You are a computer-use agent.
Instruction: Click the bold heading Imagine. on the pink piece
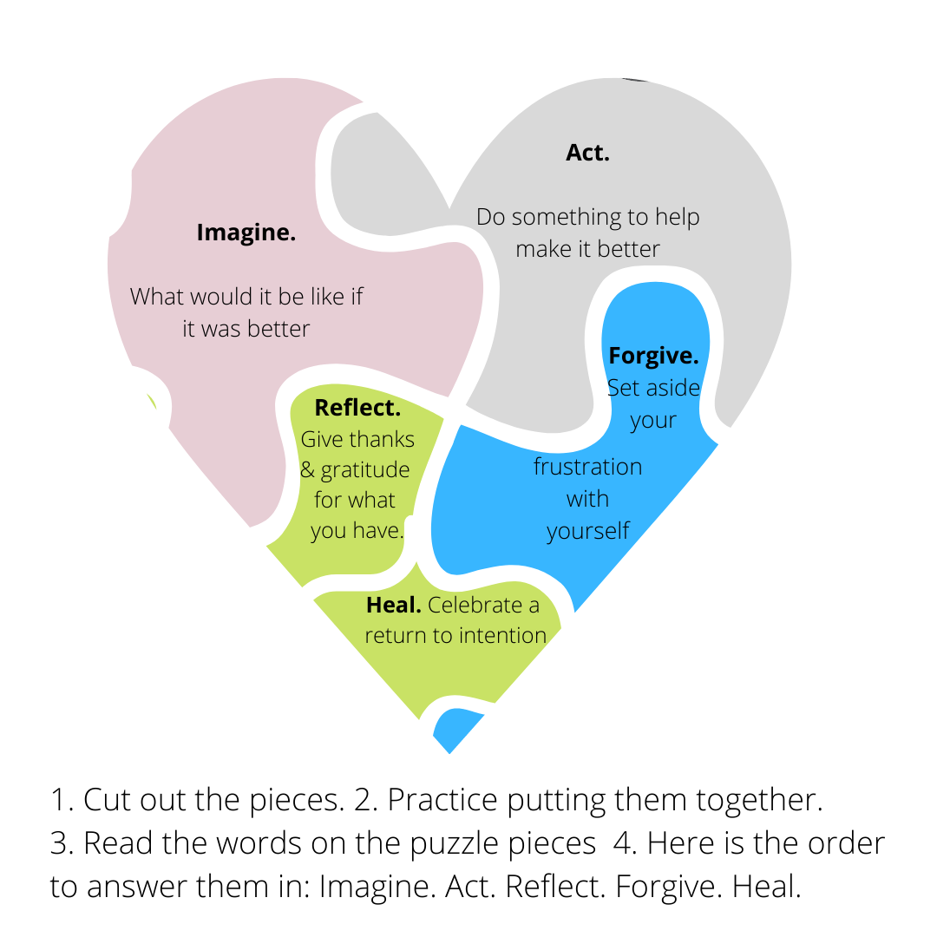point(246,233)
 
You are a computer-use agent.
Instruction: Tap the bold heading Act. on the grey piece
point(587,153)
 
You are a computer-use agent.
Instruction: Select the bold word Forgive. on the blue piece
point(653,356)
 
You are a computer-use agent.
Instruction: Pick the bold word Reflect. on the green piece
point(357,408)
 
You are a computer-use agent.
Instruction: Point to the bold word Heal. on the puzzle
point(393,605)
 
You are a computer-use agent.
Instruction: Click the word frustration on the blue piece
point(587,467)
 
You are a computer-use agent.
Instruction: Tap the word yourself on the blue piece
point(587,530)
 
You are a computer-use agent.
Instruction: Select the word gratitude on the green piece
point(364,470)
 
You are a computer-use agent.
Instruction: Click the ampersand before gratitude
point(308,471)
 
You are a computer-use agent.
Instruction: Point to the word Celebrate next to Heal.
point(483,605)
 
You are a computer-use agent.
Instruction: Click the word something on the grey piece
point(567,217)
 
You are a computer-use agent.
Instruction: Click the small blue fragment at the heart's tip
point(455,729)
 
